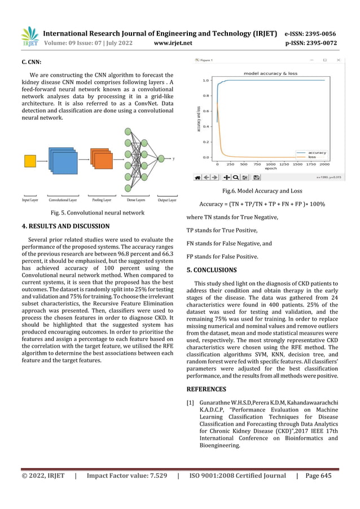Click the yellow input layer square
[x=30, y=161]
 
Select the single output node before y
[x=162, y=159]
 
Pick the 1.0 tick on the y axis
[x=207, y=81]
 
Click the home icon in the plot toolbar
[x=197, y=177]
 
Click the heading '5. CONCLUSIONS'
[x=212, y=270]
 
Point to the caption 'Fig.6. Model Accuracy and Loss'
[x=262, y=191]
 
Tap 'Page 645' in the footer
[x=319, y=491]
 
